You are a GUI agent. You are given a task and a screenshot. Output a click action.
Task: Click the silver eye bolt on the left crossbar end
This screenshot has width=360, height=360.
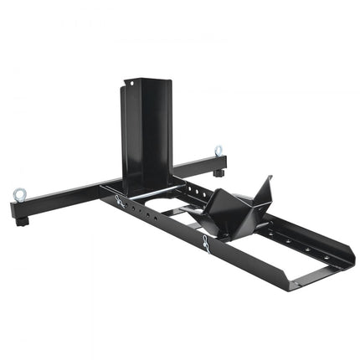[x=18, y=195]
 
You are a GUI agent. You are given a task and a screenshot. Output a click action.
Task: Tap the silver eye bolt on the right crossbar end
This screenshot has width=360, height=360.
[x=219, y=152]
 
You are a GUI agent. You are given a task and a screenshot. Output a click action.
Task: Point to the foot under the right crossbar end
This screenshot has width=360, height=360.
[x=218, y=173]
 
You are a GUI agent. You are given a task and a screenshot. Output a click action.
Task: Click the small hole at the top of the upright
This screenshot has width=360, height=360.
[x=128, y=82]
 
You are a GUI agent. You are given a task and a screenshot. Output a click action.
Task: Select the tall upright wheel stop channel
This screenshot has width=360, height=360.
[x=146, y=130]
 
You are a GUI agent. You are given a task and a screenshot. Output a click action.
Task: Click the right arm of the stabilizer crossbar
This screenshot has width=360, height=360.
[x=197, y=164]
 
